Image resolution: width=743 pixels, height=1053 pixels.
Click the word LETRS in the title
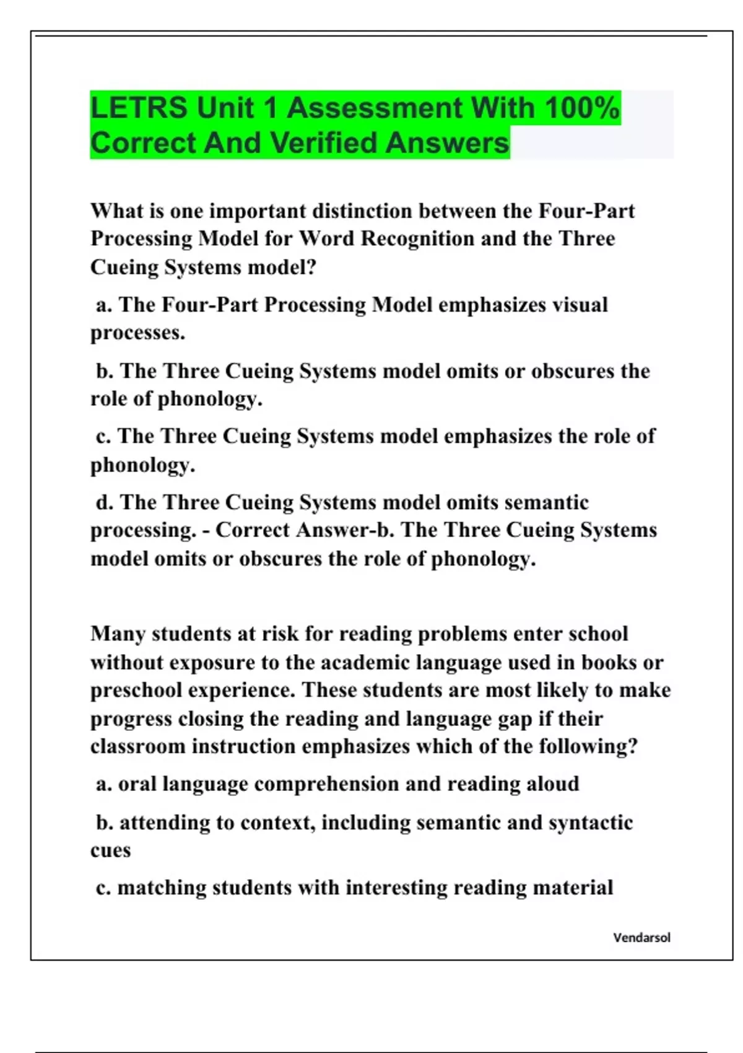point(139,108)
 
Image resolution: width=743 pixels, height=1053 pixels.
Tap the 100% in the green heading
point(582,108)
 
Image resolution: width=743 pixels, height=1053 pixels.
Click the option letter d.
point(104,502)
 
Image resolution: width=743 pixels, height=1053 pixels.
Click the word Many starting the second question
point(118,634)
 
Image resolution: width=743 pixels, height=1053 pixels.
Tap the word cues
point(110,851)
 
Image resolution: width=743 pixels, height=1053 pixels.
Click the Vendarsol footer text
point(641,938)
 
